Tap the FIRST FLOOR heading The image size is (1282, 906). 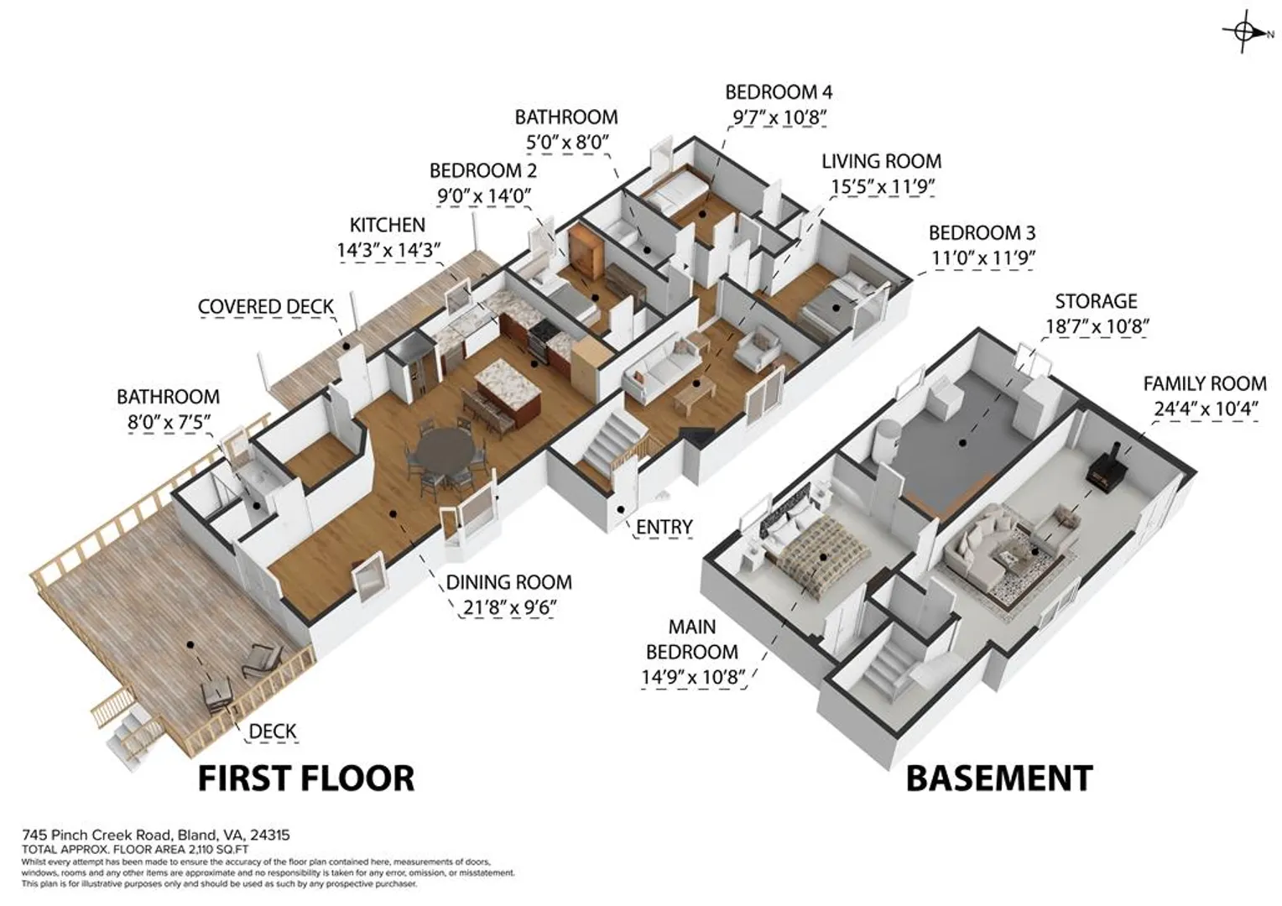tap(306, 778)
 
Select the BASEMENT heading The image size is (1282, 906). tap(999, 778)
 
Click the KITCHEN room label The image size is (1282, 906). tap(388, 225)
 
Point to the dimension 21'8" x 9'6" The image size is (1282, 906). tap(508, 608)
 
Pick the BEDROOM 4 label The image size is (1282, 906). tap(779, 92)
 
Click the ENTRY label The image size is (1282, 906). tap(664, 527)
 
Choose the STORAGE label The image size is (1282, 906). tap(1096, 301)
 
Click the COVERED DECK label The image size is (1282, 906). tap(266, 307)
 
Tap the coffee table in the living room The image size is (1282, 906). tap(694, 393)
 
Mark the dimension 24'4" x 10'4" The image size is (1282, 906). tap(1206, 409)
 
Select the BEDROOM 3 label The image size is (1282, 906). tap(982, 233)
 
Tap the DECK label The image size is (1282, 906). tap(273, 732)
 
